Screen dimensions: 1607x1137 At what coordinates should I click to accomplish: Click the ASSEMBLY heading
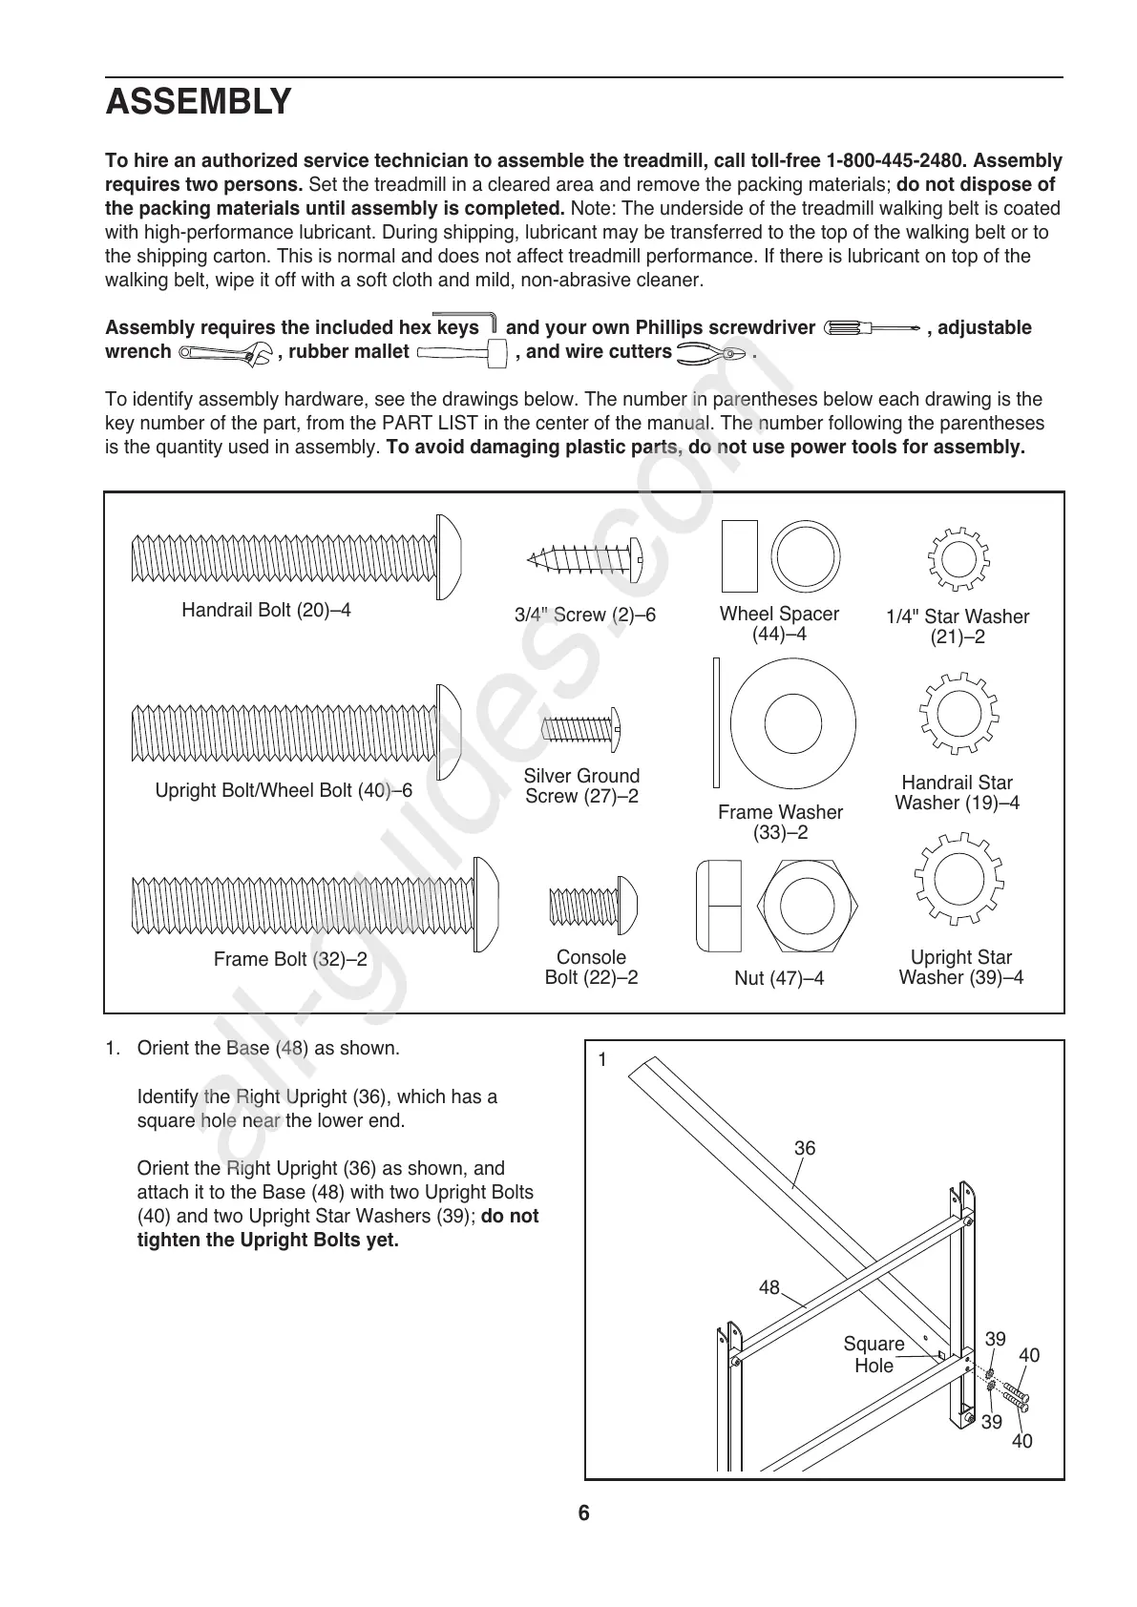pos(198,101)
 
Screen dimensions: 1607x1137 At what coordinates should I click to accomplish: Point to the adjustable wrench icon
pos(225,354)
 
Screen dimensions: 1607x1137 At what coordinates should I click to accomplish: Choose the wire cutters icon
pos(710,353)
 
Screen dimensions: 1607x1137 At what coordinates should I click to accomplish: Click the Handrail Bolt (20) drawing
pos(297,557)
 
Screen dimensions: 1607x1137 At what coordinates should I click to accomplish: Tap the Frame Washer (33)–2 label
pos(780,823)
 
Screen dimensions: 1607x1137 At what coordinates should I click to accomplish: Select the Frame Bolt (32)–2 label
pos(290,959)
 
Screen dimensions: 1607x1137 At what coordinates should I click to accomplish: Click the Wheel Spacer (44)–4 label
pos(779,624)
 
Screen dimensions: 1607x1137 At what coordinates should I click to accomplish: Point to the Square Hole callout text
pos(874,1355)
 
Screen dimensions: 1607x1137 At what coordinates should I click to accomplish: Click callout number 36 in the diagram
pos(805,1148)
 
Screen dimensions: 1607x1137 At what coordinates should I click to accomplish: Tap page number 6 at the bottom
pos(583,1513)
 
